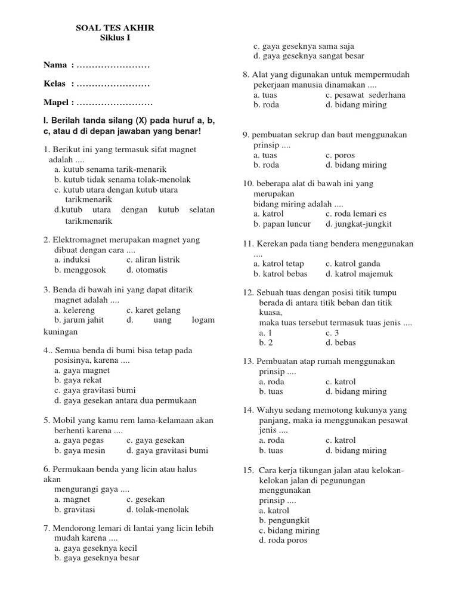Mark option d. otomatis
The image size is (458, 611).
click(147, 270)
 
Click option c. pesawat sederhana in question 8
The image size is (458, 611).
click(366, 95)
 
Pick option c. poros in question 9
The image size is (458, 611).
click(340, 155)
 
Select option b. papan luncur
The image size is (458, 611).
click(282, 224)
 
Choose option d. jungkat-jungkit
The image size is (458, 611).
click(358, 224)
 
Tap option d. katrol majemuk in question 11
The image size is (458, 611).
click(360, 274)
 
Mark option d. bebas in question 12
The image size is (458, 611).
click(341, 343)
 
